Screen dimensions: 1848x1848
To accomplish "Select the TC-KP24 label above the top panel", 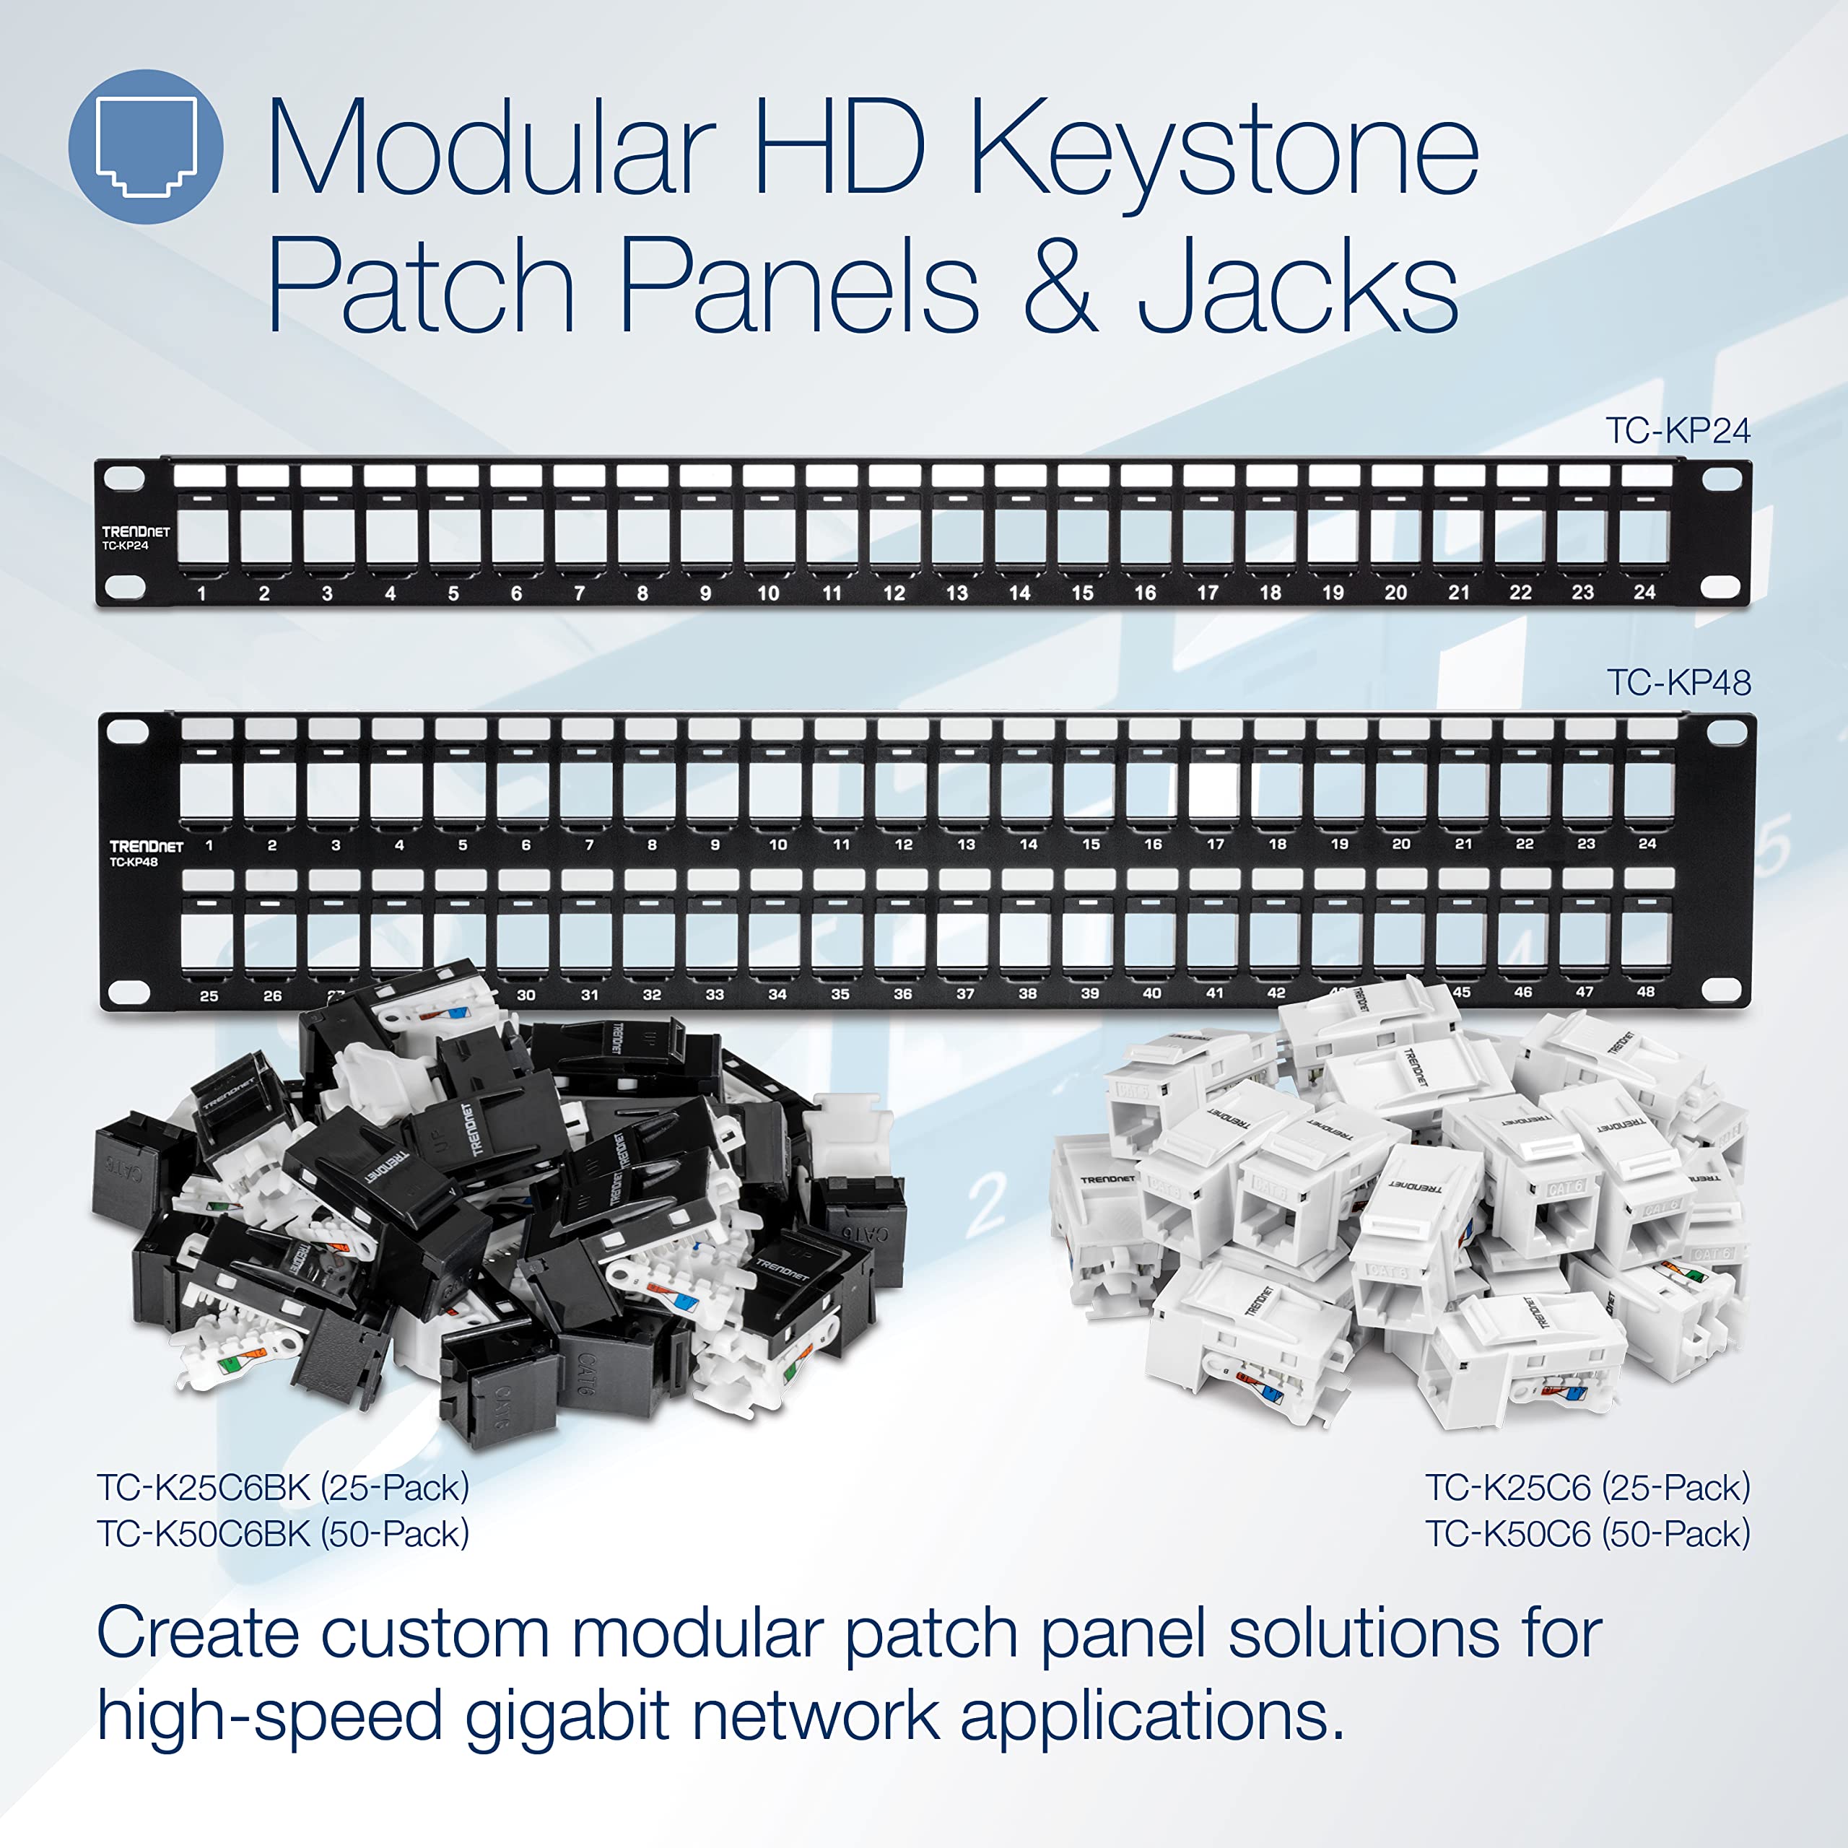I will pyautogui.click(x=1677, y=432).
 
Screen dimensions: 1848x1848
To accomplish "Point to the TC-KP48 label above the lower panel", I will pyautogui.click(x=1678, y=683).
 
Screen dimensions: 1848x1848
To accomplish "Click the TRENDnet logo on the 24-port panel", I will pyautogui.click(x=136, y=532).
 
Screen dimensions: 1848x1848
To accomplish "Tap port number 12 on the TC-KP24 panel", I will pyautogui.click(x=894, y=593).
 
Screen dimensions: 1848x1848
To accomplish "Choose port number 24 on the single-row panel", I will pyautogui.click(x=1644, y=592).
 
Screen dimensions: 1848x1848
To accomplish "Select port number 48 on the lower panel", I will pyautogui.click(x=1645, y=992).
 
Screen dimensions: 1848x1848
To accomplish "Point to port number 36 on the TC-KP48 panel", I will pyautogui.click(x=902, y=994).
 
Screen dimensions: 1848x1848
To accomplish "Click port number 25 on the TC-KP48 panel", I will pyautogui.click(x=209, y=995).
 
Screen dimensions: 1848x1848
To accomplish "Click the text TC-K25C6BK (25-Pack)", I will pyautogui.click(x=283, y=1487).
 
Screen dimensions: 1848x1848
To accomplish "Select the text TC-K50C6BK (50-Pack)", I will pyautogui.click(x=283, y=1533).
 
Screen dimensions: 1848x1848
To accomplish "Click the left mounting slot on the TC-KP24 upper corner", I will pyautogui.click(x=124, y=477).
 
